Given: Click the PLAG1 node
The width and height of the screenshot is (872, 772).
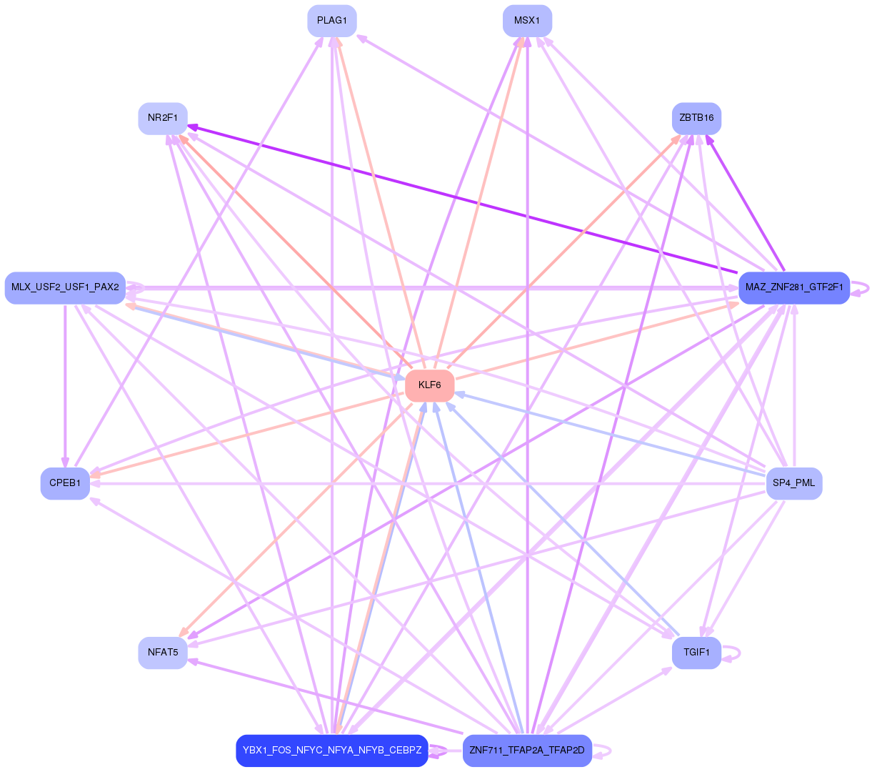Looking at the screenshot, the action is [x=331, y=21].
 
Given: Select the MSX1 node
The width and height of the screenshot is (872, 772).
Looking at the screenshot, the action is [x=527, y=21].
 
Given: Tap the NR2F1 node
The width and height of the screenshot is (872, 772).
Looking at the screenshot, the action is [x=163, y=118].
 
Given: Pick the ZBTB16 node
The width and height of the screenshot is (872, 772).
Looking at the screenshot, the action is [x=696, y=118].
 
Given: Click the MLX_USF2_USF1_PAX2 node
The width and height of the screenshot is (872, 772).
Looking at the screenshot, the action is [x=65, y=287].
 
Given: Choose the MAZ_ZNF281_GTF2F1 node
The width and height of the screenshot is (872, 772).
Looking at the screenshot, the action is [x=793, y=287].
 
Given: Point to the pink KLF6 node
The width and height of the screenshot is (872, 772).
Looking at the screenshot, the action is [x=429, y=385].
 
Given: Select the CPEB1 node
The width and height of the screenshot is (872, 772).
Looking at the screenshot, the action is [x=65, y=483].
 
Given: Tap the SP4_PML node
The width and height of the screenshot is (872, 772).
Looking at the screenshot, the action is [x=793, y=483].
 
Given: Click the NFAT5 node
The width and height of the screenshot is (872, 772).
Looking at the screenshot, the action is [x=163, y=653].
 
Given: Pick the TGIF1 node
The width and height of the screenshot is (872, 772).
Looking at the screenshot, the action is [x=696, y=653].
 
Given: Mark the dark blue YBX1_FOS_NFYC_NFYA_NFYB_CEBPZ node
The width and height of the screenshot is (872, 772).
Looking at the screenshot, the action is [x=331, y=751].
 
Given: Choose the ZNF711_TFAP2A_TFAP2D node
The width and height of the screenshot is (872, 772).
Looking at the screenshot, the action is [x=527, y=751].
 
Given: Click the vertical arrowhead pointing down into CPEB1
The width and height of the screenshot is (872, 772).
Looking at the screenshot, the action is [x=65, y=462].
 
